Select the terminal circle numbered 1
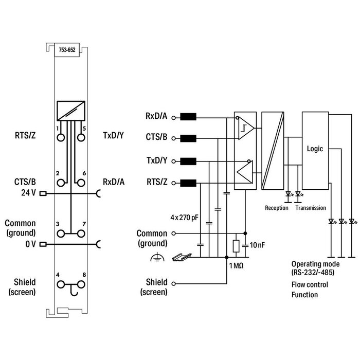point(61,137)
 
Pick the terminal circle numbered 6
point(81,182)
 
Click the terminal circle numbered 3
point(61,233)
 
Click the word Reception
point(277,208)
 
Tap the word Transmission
point(311,208)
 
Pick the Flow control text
point(309,284)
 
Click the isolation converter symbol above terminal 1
point(71,110)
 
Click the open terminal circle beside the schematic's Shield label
point(174,283)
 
